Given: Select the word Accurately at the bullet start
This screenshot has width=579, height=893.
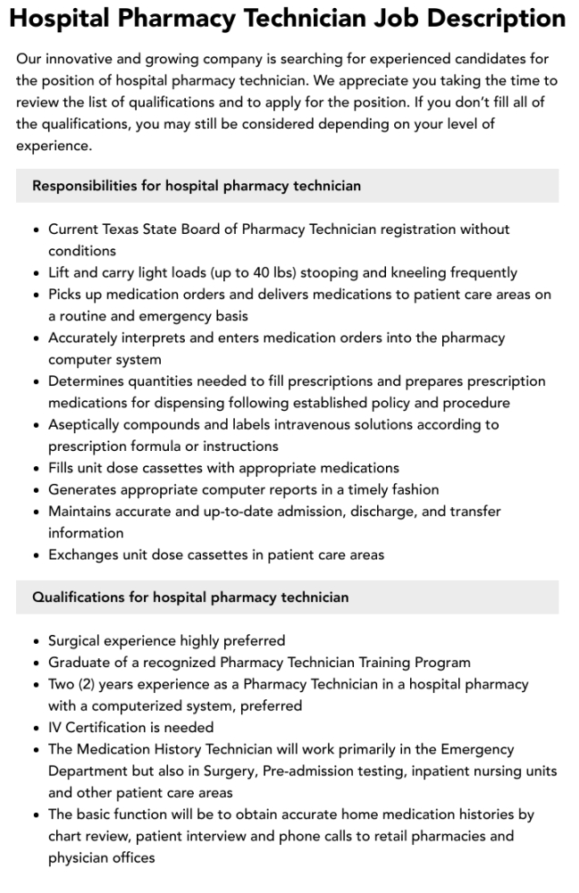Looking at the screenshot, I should (x=89, y=338).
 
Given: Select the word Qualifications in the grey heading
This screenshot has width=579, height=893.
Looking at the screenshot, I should (x=75, y=597).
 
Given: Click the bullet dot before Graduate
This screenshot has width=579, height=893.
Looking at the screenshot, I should (x=36, y=663).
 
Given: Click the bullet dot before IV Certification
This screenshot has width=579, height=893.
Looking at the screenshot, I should (x=36, y=728).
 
